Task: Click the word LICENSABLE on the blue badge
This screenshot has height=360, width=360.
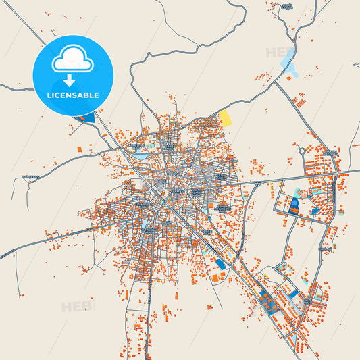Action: (x=72, y=95)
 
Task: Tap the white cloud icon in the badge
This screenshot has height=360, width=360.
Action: (x=72, y=61)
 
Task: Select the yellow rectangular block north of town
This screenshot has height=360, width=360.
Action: (x=224, y=118)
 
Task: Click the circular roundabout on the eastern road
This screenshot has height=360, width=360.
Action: (x=302, y=151)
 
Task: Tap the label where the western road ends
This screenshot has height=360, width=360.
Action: (x=30, y=178)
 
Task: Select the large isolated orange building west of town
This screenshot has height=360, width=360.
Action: (x=79, y=148)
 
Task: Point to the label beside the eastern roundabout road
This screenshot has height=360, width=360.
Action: (x=330, y=153)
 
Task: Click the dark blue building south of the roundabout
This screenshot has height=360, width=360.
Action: (x=294, y=204)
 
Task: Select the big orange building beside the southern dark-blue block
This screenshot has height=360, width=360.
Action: (x=215, y=278)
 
